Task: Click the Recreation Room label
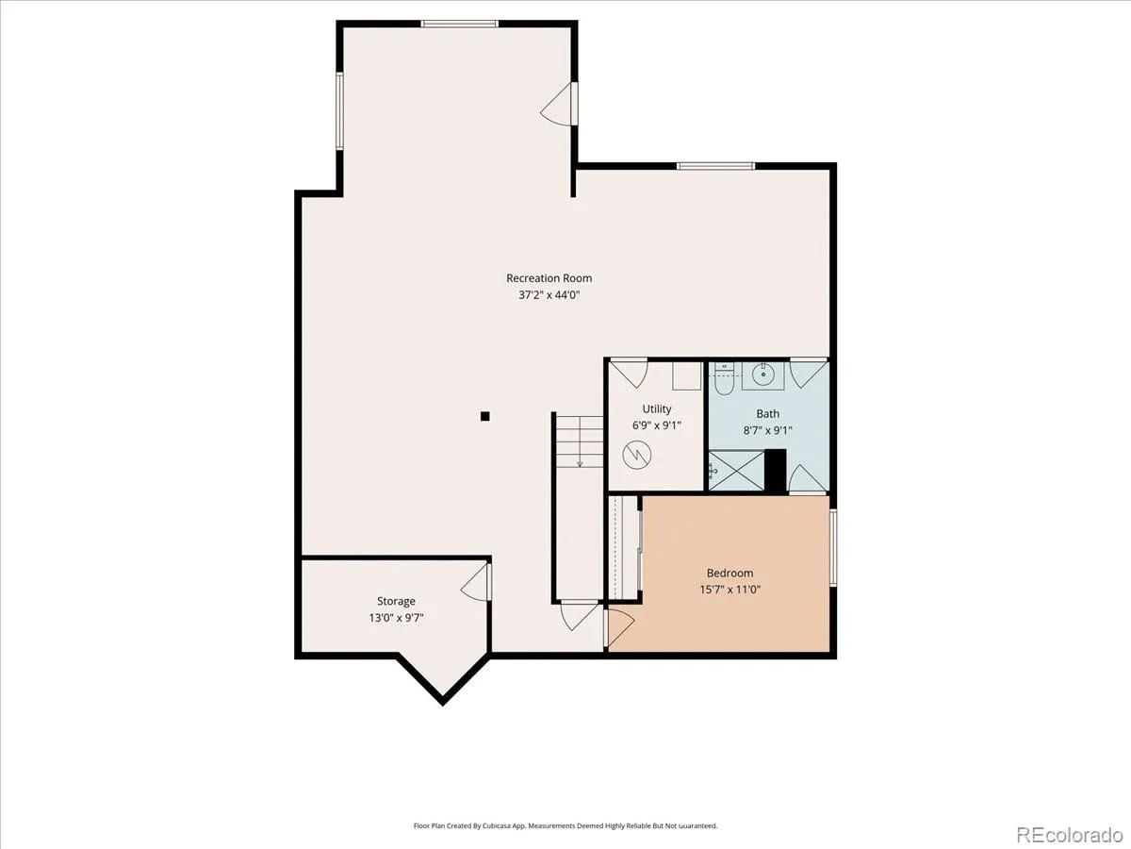tap(549, 278)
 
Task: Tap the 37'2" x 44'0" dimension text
tap(549, 295)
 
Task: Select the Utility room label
tap(656, 408)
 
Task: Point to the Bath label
tap(768, 413)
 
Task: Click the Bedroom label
tap(729, 573)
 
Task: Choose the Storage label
tap(396, 601)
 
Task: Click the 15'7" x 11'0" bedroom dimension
tap(729, 590)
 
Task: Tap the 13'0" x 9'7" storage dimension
tap(396, 618)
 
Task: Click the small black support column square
tap(484, 416)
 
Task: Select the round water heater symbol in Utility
tap(637, 455)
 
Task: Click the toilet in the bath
tap(724, 379)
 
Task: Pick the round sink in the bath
tap(762, 375)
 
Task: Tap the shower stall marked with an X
tap(736, 471)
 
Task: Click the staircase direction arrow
tap(580, 441)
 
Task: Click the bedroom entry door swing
tap(621, 626)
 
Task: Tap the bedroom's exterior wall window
tap(832, 547)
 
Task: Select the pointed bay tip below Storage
tap(442, 704)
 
